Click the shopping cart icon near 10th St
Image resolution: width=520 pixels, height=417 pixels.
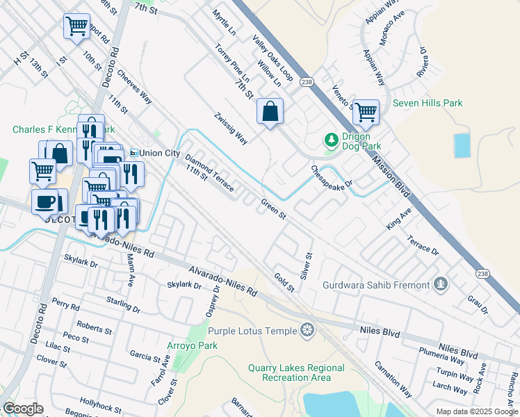point(76,26)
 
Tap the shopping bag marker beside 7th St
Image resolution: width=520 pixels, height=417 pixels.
point(270,111)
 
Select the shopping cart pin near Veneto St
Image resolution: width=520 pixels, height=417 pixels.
point(365,111)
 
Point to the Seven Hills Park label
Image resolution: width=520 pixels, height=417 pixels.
point(428,104)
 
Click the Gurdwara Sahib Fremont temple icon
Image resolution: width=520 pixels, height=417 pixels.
point(439,284)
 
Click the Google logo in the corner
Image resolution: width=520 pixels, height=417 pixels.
point(23,409)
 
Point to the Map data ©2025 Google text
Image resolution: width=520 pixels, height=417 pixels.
point(477,411)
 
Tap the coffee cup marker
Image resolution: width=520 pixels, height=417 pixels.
point(46,202)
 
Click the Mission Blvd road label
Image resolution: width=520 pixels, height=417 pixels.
point(393,174)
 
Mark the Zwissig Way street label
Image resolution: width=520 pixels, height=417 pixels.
point(231,129)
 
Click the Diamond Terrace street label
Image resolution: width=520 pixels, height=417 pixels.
point(208,171)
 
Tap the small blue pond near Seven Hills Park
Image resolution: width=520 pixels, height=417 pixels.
point(462,145)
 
